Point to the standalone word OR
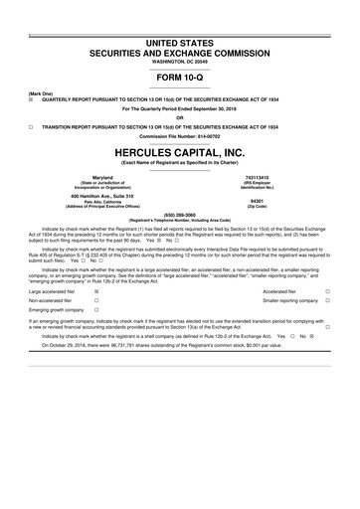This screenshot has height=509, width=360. coord(180,119)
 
